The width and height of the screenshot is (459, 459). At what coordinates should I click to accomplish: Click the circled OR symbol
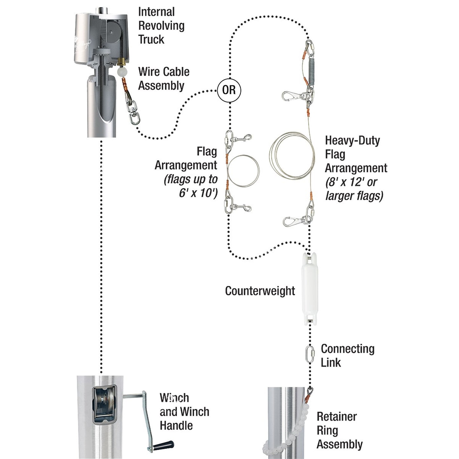coord(229,90)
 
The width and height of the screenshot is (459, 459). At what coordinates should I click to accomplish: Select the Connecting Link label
coord(348,355)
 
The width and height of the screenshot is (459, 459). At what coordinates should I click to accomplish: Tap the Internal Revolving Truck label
coord(161,26)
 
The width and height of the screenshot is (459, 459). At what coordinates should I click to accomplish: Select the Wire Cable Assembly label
coord(164,78)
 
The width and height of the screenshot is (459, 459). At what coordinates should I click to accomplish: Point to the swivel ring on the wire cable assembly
coord(132,115)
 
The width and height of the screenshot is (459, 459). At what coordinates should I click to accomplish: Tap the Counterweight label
coord(260,291)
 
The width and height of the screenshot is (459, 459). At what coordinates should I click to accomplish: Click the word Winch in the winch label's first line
coord(174,398)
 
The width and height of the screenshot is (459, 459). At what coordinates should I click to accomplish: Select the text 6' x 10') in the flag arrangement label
coord(198,193)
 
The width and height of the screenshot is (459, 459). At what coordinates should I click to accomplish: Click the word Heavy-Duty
coord(352,140)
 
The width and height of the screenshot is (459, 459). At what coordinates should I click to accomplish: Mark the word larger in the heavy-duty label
coord(339,195)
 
